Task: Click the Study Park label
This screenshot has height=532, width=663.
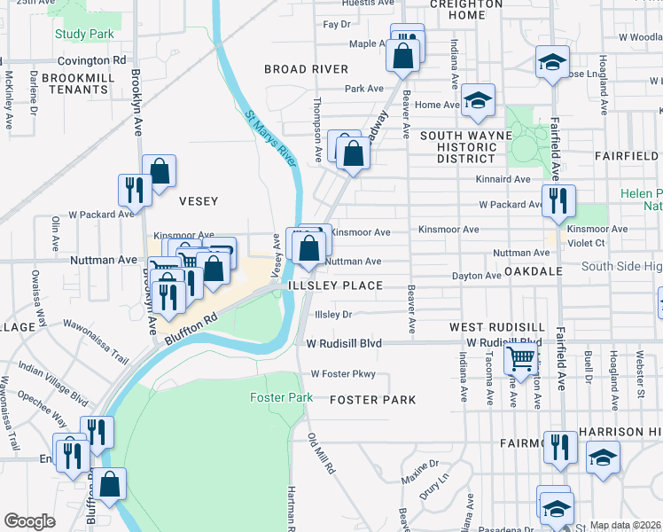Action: pyautogui.click(x=84, y=34)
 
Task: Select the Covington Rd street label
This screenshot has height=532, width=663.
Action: pyautogui.click(x=92, y=61)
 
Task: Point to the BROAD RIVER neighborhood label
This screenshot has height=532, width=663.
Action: pyautogui.click(x=306, y=69)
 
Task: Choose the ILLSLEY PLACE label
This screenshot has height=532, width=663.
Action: pyautogui.click(x=336, y=286)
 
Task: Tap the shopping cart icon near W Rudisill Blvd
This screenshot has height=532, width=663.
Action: pyautogui.click(x=520, y=358)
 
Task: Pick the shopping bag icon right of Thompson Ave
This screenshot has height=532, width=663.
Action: pyautogui.click(x=353, y=153)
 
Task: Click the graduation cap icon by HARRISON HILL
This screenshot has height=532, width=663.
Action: pyautogui.click(x=603, y=457)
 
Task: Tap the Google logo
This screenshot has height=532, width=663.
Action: pyautogui.click(x=29, y=520)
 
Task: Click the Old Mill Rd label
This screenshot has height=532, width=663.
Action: pyautogui.click(x=320, y=452)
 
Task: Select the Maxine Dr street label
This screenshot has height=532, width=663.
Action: pyautogui.click(x=421, y=464)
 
